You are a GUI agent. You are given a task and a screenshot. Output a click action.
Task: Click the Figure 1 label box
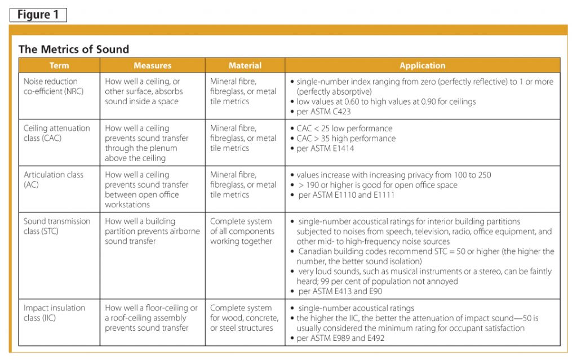(x=38, y=15)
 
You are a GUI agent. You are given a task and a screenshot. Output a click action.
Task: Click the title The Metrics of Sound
(x=74, y=49)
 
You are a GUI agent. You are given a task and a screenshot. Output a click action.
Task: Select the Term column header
(x=59, y=65)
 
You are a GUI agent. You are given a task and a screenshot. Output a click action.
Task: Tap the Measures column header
(x=152, y=65)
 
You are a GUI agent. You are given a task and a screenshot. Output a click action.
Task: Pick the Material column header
(x=245, y=65)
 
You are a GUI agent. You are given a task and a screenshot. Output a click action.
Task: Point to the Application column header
(x=422, y=65)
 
